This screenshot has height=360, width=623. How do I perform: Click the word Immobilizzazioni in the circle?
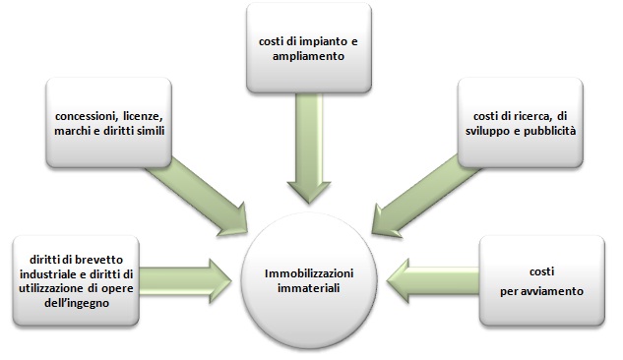point(309,273)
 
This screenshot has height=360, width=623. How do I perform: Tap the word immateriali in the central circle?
point(309,288)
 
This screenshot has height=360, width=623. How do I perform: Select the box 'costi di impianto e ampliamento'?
point(309,48)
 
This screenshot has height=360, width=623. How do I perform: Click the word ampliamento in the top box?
point(308,56)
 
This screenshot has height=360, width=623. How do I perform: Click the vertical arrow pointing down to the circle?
point(309,149)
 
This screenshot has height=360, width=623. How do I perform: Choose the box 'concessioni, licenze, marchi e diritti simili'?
point(109,123)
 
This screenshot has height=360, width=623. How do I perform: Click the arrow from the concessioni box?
point(197,197)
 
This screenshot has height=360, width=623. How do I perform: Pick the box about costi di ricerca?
point(520,123)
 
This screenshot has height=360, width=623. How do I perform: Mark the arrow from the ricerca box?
point(426,197)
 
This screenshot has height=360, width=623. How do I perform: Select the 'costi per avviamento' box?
point(542,281)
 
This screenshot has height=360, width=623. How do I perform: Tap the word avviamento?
point(556,291)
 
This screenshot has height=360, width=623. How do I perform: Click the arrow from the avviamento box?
point(433,280)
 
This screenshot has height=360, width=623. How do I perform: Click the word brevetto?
point(98,260)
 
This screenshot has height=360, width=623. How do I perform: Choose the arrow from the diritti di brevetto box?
point(185,281)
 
